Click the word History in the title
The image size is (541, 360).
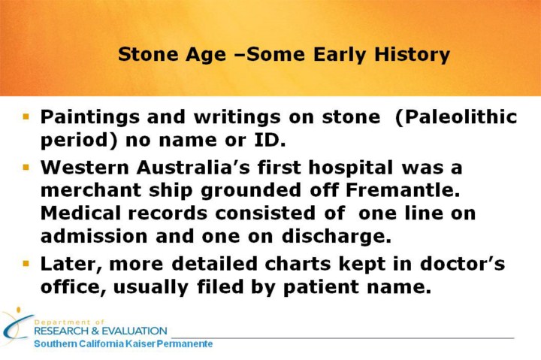click(x=412, y=55)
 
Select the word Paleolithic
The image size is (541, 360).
click(x=456, y=117)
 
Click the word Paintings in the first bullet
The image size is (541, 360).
click(x=90, y=118)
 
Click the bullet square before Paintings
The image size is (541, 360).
click(x=26, y=116)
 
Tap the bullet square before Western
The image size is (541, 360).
click(x=26, y=168)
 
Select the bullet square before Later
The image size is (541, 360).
click(x=26, y=264)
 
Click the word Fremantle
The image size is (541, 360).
click(x=403, y=190)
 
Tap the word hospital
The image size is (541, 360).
click(x=351, y=168)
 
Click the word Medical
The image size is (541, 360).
click(x=80, y=213)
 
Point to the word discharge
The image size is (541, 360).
click(x=337, y=237)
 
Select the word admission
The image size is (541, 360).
click(x=94, y=237)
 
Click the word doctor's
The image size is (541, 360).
click(x=462, y=264)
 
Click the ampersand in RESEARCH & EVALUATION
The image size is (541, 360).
click(x=95, y=331)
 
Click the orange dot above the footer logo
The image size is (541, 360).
click(x=19, y=310)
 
